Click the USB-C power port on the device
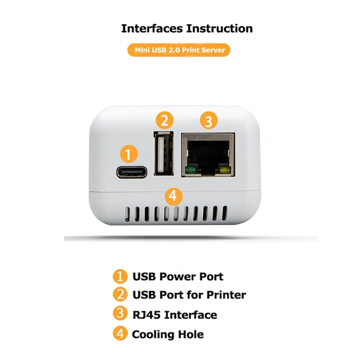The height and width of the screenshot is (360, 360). (x=131, y=172)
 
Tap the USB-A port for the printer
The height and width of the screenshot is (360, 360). (x=163, y=153)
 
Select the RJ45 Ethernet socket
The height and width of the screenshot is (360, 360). (x=208, y=155)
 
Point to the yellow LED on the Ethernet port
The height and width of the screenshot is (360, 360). (x=225, y=171)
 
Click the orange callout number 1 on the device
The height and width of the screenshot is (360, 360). (x=129, y=154)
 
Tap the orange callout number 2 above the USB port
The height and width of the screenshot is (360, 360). (x=165, y=120)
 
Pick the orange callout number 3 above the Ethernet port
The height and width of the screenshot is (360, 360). (x=208, y=121)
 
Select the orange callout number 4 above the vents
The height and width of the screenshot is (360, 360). (x=174, y=196)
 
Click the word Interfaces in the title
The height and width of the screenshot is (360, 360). (x=152, y=28)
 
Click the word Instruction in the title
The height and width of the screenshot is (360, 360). (x=220, y=28)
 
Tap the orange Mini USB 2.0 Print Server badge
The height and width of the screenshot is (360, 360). (x=179, y=50)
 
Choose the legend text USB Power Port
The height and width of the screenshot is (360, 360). (x=178, y=276)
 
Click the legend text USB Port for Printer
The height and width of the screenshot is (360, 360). (x=189, y=295)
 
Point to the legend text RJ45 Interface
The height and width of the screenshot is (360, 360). (x=175, y=315)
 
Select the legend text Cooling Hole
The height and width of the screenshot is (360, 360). (x=167, y=334)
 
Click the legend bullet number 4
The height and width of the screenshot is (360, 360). (x=120, y=333)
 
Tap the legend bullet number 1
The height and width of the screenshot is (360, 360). (x=120, y=276)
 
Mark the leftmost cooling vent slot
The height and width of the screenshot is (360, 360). (x=127, y=215)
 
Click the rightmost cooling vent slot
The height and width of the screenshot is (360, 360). (x=224, y=213)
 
